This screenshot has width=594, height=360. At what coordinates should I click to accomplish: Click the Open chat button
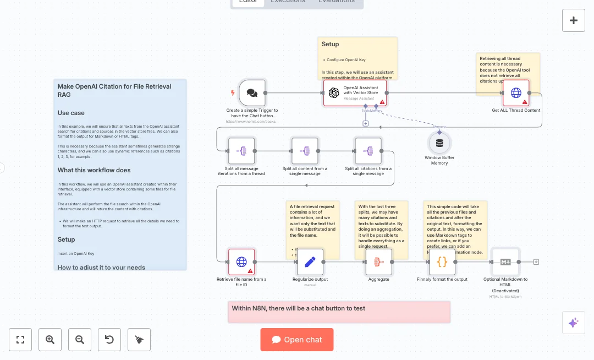pyautogui.click(x=297, y=340)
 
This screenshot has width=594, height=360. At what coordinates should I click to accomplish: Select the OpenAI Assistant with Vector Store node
pyautogui.click(x=355, y=93)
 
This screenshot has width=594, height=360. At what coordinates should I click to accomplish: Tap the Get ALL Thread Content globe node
pyautogui.click(x=516, y=93)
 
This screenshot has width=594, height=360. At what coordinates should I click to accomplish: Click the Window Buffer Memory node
pyautogui.click(x=439, y=144)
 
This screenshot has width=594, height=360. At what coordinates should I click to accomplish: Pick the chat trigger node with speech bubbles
pyautogui.click(x=252, y=93)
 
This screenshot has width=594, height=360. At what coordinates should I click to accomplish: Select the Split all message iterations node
pyautogui.click(x=241, y=151)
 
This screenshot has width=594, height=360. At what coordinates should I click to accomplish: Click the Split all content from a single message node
pyautogui.click(x=305, y=151)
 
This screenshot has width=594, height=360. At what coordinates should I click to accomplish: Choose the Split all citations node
pyautogui.click(x=368, y=151)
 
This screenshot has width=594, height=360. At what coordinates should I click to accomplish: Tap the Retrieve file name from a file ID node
pyautogui.click(x=241, y=261)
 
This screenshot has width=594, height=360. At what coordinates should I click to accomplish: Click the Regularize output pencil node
pyautogui.click(x=310, y=261)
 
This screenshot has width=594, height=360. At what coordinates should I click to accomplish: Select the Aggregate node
pyautogui.click(x=378, y=261)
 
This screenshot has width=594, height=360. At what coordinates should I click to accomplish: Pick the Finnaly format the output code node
pyautogui.click(x=442, y=261)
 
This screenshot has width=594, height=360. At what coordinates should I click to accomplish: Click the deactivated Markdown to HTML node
pyautogui.click(x=505, y=261)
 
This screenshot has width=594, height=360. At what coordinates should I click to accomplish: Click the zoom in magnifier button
pyautogui.click(x=50, y=340)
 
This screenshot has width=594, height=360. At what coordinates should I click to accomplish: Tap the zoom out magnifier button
pyautogui.click(x=80, y=340)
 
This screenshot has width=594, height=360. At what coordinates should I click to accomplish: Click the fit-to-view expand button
pyautogui.click(x=20, y=340)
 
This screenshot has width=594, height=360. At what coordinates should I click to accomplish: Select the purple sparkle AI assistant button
pyautogui.click(x=573, y=323)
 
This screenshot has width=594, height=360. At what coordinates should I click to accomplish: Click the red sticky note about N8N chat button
pyautogui.click(x=339, y=312)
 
